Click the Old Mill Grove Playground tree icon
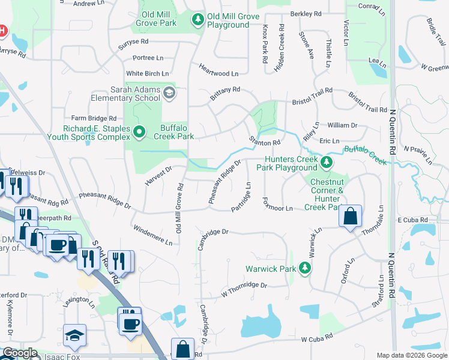pos(197,20)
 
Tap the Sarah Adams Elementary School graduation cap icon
pos(169,92)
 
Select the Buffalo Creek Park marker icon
pos(139,131)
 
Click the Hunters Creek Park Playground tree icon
pos(326,163)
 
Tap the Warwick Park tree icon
pos(306,268)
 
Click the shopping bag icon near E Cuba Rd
pos(350,217)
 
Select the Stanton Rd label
pos(265,142)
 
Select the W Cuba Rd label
pos(317,339)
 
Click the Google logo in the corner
pos(20,353)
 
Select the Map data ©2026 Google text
pos(412,355)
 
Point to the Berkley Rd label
pos(306,13)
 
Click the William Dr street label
pos(342,125)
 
